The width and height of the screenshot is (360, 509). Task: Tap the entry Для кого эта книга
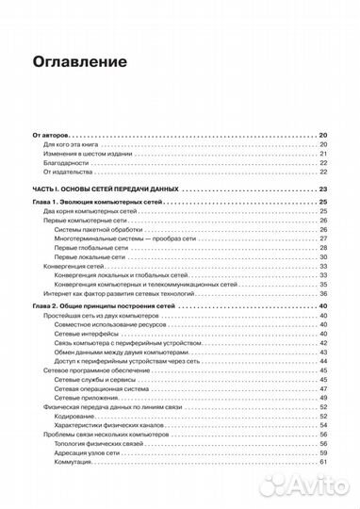[74, 145]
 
